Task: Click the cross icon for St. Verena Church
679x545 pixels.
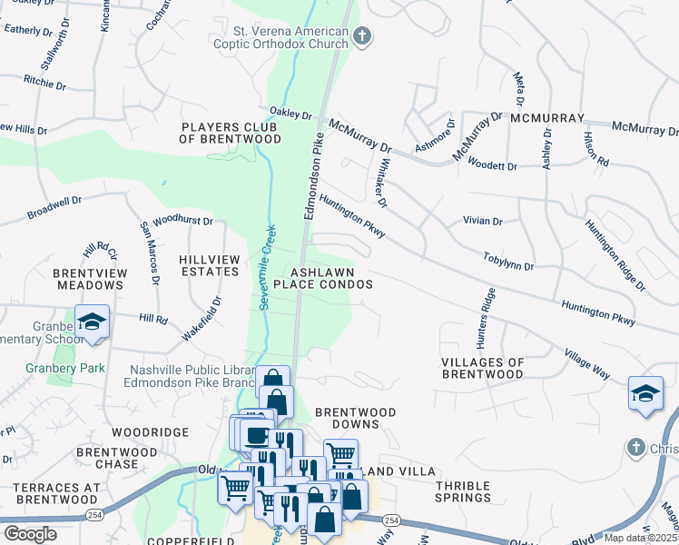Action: [x=362, y=36]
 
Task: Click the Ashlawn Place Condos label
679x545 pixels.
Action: [x=331, y=278]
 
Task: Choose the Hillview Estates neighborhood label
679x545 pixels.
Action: [x=210, y=265]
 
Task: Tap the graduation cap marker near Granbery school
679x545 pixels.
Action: [x=93, y=322]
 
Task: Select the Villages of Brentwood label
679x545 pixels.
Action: [x=482, y=368]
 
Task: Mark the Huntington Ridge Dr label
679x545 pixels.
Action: [x=615, y=255]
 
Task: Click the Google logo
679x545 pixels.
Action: [x=30, y=533]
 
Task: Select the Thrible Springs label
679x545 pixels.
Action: [x=463, y=491]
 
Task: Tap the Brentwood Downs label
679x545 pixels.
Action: [x=355, y=419]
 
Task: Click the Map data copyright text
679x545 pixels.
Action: [x=643, y=538]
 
